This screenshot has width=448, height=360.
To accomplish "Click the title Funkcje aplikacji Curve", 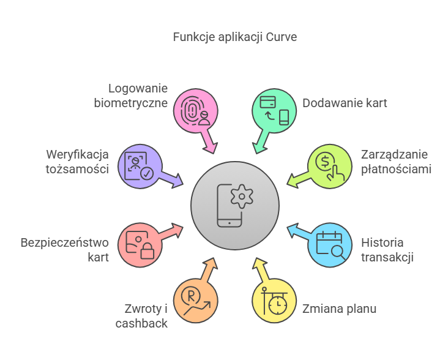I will [x=235, y=37].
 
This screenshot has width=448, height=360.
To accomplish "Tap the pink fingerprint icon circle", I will [x=196, y=111].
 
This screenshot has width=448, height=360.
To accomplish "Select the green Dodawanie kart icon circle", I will [x=275, y=111].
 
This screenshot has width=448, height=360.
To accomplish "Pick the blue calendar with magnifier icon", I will [x=329, y=246].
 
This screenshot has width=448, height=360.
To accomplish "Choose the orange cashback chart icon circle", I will [x=196, y=301].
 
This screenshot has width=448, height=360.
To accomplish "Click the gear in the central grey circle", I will [x=242, y=196].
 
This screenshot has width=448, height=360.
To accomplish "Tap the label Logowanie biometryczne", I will [x=131, y=96].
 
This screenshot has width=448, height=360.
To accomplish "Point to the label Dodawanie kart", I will [x=345, y=103].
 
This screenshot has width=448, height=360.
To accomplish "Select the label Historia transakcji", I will [x=387, y=249].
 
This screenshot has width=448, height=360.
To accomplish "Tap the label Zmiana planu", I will [x=339, y=309].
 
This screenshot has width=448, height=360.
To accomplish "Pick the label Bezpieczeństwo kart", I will [x=65, y=249].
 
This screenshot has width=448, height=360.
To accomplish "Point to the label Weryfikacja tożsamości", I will [x=78, y=162].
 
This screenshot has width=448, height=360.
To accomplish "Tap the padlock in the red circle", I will [x=147, y=251].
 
